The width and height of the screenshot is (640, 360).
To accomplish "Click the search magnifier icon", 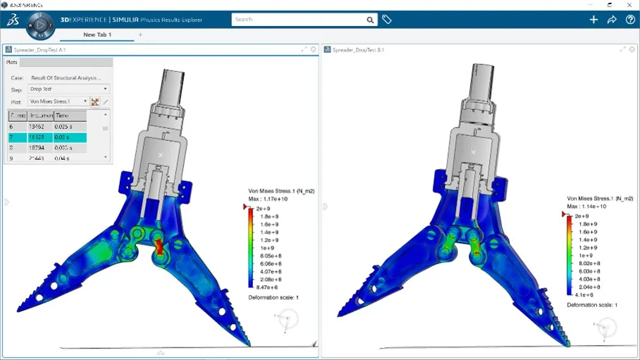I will click(370, 20).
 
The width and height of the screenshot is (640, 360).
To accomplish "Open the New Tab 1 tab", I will click(97, 35).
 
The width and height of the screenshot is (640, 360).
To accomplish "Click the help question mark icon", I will click(630, 20).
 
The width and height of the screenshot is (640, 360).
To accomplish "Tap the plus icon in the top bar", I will click(593, 20).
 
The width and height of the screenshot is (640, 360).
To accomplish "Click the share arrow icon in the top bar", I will click(612, 20).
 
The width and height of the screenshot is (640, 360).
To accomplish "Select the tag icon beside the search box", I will click(387, 20).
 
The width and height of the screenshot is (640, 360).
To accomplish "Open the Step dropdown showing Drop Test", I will click(68, 89).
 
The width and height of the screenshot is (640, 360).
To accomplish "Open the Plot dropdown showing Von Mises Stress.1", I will click(59, 102).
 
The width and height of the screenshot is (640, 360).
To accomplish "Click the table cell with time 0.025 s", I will click(70, 127).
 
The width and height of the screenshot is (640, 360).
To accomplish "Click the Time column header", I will click(70, 115).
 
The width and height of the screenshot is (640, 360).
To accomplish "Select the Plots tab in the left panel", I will click(12, 62).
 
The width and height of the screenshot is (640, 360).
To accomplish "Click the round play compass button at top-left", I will click(40, 24).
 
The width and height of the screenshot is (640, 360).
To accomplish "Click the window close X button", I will click(629, 4).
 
